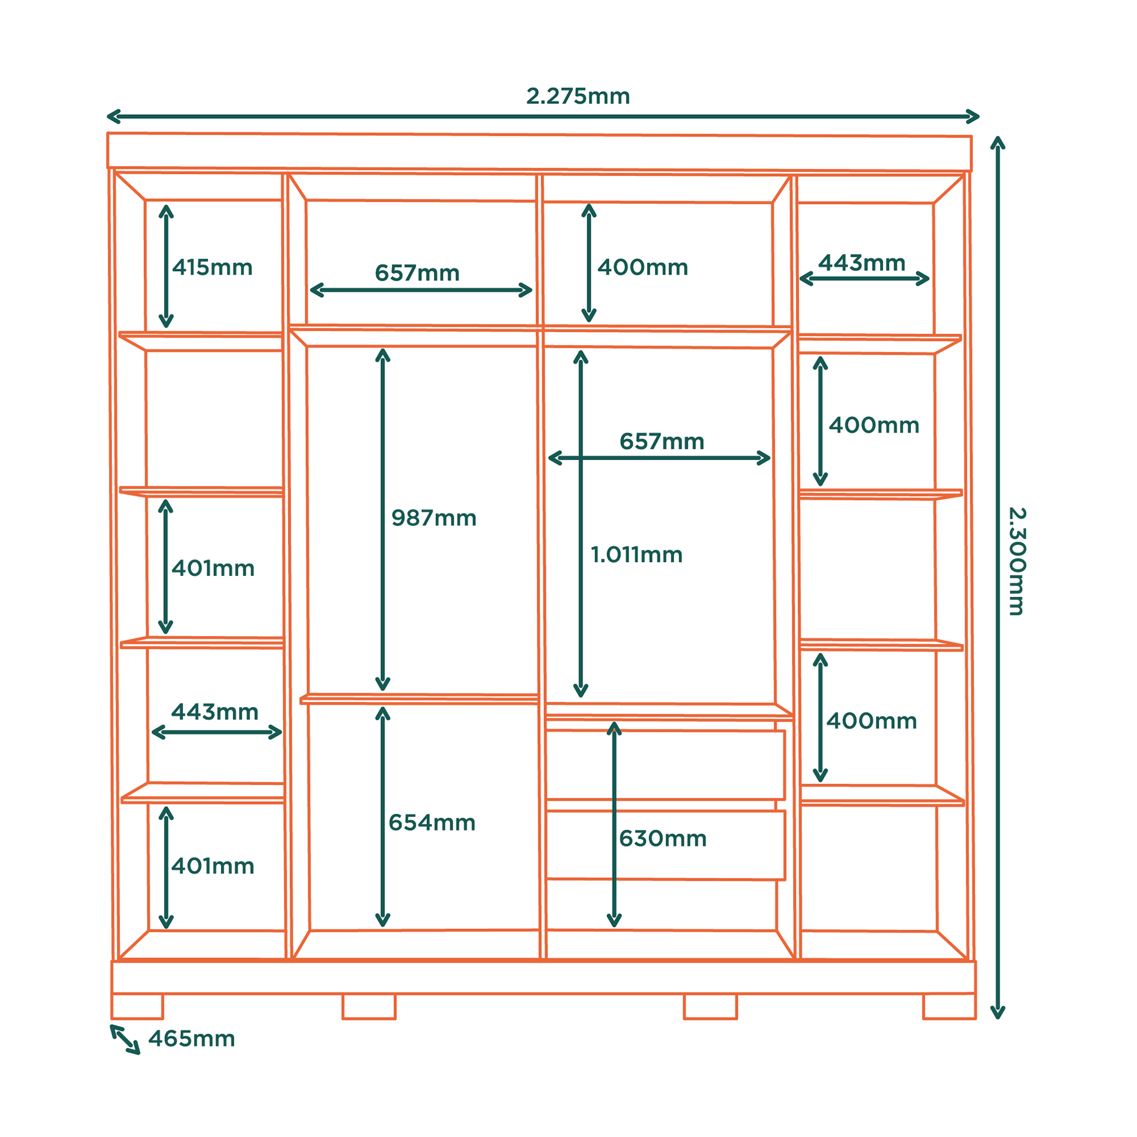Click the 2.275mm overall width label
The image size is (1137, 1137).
tap(578, 97)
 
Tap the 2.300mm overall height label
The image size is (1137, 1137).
tap(1018, 562)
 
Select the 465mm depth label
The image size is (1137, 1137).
tap(192, 1039)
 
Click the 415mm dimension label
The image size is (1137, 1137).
tap(213, 267)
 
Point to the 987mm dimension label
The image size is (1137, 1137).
tap(434, 518)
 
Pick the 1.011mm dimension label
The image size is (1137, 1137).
tap(636, 554)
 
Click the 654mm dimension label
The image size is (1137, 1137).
tap(432, 823)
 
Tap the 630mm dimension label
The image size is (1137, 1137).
tap(663, 839)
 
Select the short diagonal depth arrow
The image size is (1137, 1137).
tap(125, 1040)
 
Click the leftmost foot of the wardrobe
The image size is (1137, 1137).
tap(137, 1006)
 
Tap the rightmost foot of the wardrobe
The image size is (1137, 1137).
tap(949, 1006)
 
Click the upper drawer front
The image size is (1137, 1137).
tap(666, 765)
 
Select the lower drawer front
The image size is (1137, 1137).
tap(666, 846)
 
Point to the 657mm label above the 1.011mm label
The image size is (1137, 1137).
tap(662, 441)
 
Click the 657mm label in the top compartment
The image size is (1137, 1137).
tap(417, 273)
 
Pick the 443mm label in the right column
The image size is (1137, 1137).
tap(862, 263)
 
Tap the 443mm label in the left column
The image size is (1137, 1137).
tap(215, 712)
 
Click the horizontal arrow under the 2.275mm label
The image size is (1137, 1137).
tap(542, 117)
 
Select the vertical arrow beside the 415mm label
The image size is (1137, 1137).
tap(166, 266)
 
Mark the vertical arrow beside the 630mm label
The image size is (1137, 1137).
tap(614, 824)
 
